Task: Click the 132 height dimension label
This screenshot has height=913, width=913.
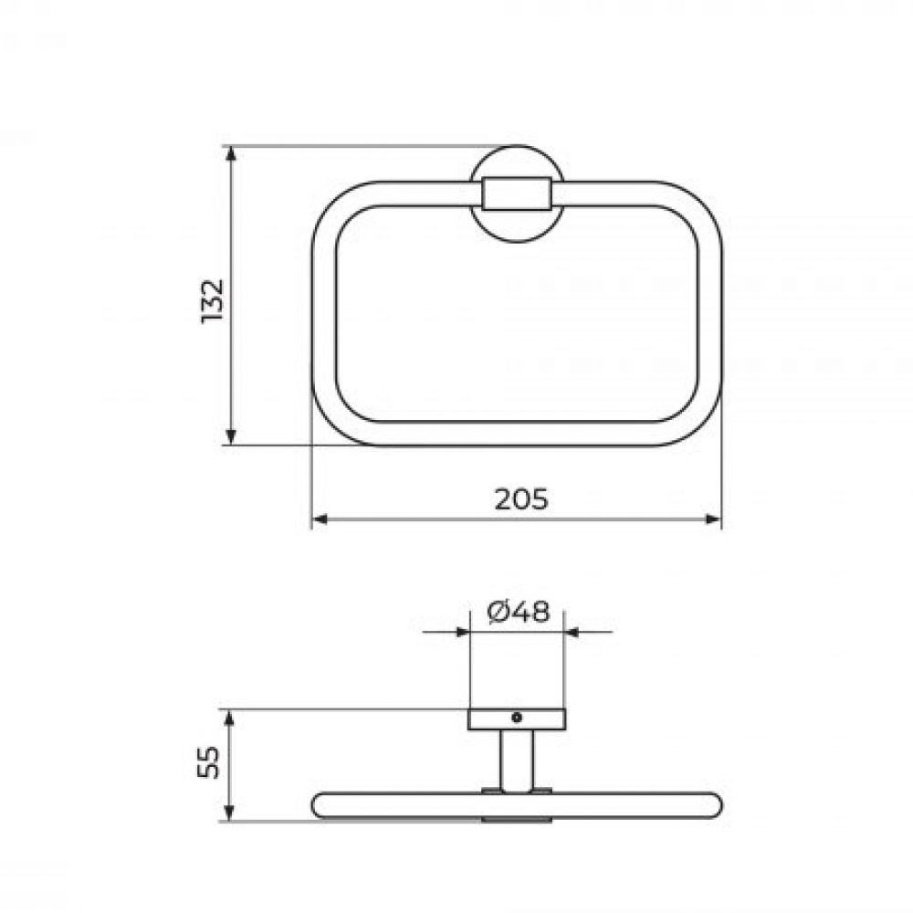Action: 212,301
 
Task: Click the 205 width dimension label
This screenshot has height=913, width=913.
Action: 521,499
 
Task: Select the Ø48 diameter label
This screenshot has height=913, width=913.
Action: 519,612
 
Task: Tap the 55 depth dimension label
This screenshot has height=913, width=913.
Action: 208,762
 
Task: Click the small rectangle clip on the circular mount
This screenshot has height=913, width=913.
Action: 516,194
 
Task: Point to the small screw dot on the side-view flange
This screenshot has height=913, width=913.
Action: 517,718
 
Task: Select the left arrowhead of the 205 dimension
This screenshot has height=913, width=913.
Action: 320,519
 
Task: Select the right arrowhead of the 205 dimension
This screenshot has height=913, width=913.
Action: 713,519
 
